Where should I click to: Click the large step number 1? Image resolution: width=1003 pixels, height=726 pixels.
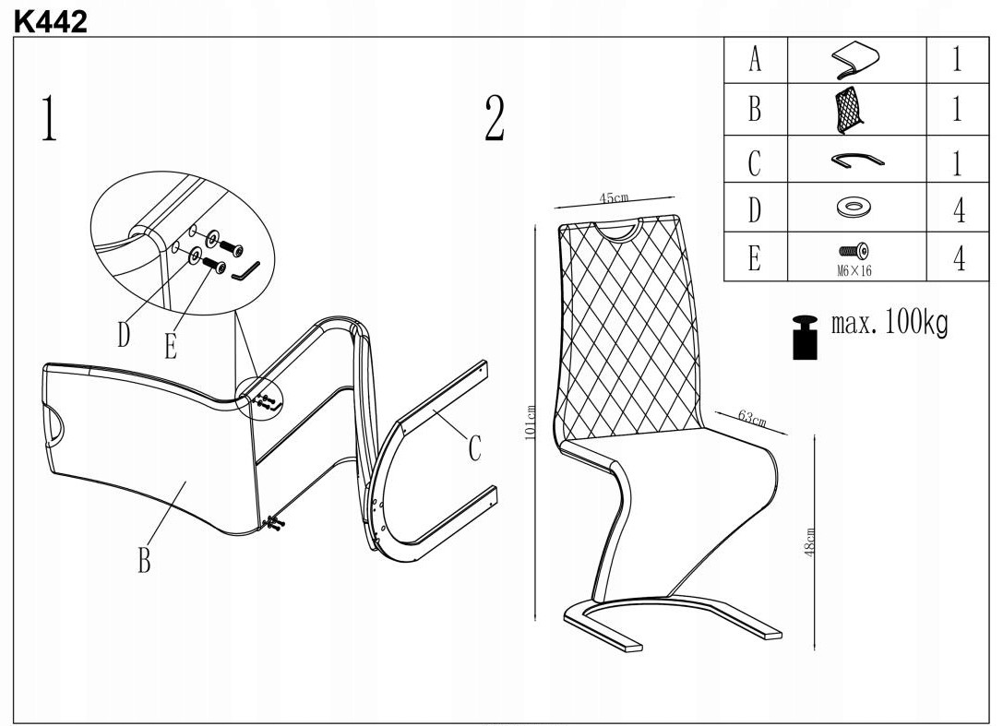[x=48, y=118]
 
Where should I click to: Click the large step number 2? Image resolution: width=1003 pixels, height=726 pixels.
[x=495, y=119]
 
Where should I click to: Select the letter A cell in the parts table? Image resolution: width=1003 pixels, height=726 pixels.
[x=755, y=61]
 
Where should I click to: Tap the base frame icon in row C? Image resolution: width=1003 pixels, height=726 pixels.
[x=856, y=160]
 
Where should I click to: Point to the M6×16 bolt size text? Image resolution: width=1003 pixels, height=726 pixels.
[x=855, y=270]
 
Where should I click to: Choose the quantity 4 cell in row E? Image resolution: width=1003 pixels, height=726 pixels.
[x=959, y=257]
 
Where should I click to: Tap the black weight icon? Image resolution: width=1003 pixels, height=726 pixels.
[x=806, y=336]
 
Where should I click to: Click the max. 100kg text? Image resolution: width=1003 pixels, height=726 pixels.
[x=890, y=324]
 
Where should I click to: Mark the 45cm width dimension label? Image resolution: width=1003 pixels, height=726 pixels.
[x=614, y=198]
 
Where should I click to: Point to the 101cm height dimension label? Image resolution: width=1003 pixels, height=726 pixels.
[x=531, y=423]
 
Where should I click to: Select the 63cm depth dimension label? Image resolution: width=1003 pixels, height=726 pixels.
[x=752, y=418]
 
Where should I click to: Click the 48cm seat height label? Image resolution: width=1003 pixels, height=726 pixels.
[x=810, y=542]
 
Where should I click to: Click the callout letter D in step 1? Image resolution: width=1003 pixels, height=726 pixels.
[x=124, y=334]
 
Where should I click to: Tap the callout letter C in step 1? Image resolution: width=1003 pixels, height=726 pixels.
[x=474, y=448]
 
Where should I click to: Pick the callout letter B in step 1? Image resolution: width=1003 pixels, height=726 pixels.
[x=144, y=559]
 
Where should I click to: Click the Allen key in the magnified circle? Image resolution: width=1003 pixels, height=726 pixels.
[x=245, y=271]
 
